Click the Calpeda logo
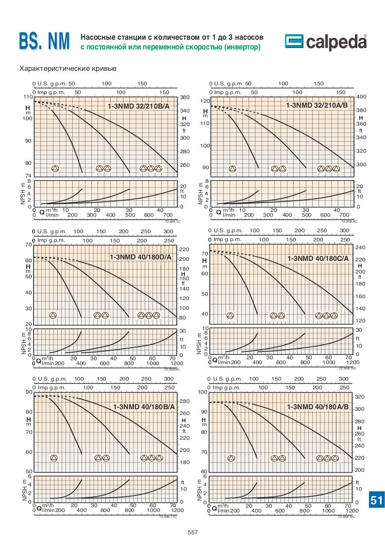click(325, 42)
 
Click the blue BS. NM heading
click(45, 42)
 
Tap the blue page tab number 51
click(377, 500)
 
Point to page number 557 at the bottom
click(193, 532)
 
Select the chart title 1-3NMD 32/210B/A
click(138, 105)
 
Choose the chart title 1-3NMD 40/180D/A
click(140, 257)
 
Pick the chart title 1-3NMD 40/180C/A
click(318, 258)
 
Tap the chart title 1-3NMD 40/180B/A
click(143, 407)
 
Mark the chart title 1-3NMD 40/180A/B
click(318, 407)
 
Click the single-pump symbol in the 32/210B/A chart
click(55, 169)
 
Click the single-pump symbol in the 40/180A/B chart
click(231, 458)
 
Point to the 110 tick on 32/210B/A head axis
click(27, 97)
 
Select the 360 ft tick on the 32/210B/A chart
click(184, 97)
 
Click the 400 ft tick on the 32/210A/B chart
click(360, 97)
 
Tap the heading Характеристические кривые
click(67, 68)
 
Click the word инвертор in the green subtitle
click(240, 47)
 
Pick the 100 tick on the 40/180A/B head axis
click(204, 392)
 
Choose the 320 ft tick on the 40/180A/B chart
click(359, 397)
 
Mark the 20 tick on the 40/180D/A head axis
click(29, 324)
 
